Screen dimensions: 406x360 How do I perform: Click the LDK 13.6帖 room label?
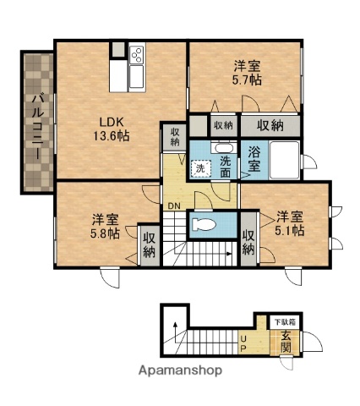(x=111, y=128)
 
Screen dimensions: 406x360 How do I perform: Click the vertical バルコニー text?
(x=38, y=123)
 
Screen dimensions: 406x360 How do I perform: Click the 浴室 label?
(x=254, y=159)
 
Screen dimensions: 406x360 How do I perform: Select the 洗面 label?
(x=226, y=166)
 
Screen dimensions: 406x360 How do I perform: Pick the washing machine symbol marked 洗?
(x=200, y=167)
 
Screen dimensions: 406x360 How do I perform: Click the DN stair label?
(x=173, y=206)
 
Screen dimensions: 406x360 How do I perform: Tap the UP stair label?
(x=244, y=344)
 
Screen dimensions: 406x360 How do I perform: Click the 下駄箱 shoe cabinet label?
(x=281, y=321)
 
